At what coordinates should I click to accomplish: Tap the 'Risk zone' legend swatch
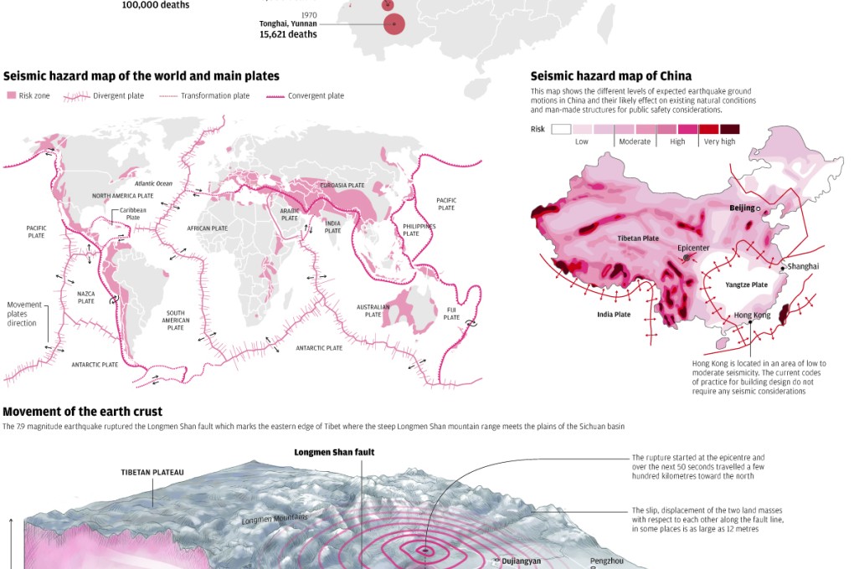click(x=12, y=96)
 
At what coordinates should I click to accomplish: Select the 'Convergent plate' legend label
click(x=316, y=96)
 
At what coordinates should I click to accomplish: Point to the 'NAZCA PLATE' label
click(x=86, y=297)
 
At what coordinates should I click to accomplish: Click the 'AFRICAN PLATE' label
click(x=207, y=228)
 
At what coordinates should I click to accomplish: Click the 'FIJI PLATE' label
click(x=451, y=314)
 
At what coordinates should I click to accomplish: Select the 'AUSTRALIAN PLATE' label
click(x=373, y=310)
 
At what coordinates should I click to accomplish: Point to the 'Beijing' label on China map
click(x=742, y=208)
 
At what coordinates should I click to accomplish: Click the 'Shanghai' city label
click(x=803, y=266)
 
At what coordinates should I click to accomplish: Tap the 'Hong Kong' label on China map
click(x=752, y=315)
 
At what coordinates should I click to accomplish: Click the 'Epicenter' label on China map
click(x=693, y=248)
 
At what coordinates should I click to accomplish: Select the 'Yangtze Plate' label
click(x=746, y=284)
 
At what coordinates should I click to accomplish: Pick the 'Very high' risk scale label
click(x=719, y=141)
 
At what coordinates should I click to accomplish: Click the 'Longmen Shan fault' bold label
click(x=334, y=453)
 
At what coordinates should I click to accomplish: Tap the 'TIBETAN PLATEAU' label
click(x=152, y=472)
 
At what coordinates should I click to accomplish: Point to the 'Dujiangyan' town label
click(x=521, y=561)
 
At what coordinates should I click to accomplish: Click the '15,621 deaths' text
click(x=289, y=35)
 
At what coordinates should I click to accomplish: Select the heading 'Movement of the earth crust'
click(x=83, y=412)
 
